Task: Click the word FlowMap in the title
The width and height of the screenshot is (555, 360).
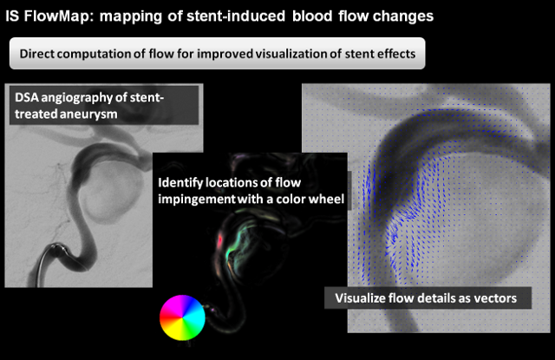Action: [59, 16]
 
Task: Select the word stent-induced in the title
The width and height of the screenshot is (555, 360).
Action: [236, 16]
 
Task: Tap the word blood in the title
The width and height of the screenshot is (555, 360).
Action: [312, 16]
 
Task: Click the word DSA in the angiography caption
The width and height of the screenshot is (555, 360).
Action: [27, 97]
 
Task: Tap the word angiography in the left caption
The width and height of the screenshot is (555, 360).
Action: [79, 98]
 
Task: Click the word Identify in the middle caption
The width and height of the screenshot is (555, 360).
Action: [180, 183]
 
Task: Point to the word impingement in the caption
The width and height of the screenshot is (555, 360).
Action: [197, 200]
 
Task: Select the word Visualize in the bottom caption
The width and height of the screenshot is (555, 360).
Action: [360, 298]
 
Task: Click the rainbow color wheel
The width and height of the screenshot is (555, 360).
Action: [182, 317]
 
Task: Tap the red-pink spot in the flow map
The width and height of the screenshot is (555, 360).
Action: [219, 241]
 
